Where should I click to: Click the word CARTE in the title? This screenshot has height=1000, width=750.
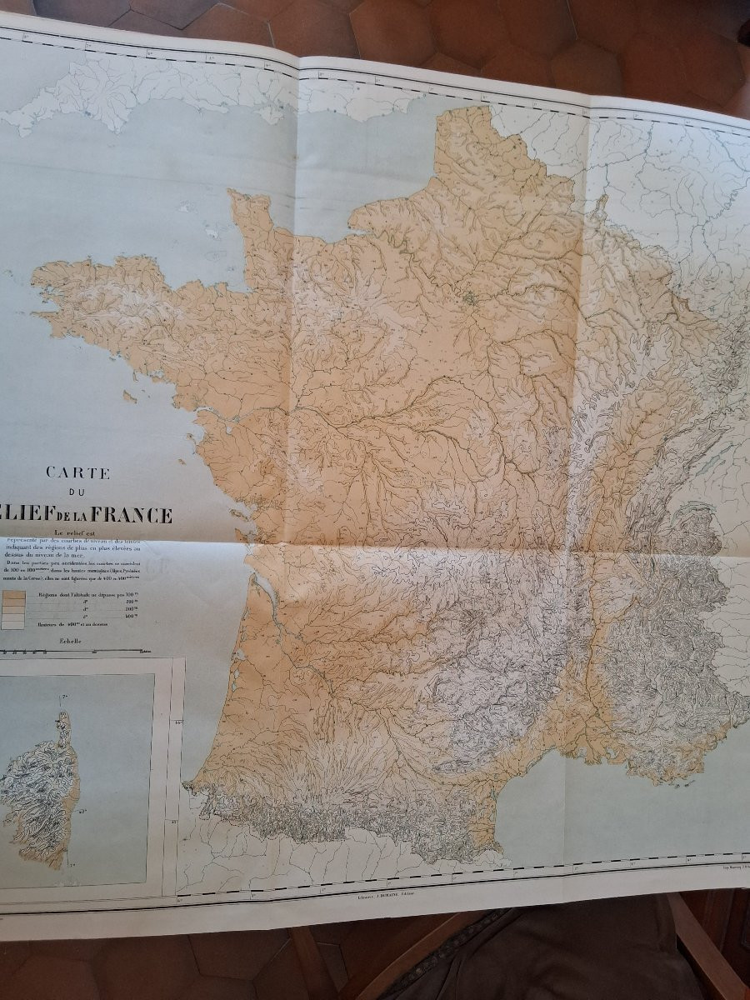pyautogui.click(x=78, y=472)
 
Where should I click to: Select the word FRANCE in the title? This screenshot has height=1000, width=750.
pyautogui.click(x=132, y=516)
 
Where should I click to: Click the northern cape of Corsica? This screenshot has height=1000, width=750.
pyautogui.click(x=62, y=717)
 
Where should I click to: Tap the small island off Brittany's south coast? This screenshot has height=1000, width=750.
pyautogui.click(x=129, y=398)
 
